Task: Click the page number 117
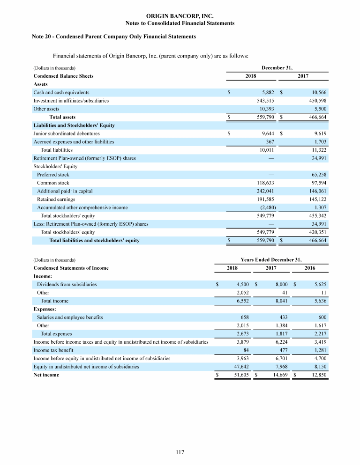coord(180,452)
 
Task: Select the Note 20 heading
coord(114,37)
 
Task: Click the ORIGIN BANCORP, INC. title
coord(180,16)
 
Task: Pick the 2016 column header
coord(310,268)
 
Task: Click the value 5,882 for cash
coord(266,92)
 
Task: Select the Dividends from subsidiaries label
coord(67,284)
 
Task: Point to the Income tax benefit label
coord(53,350)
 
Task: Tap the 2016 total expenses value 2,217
coord(319,333)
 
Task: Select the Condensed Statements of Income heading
coord(71,268)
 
